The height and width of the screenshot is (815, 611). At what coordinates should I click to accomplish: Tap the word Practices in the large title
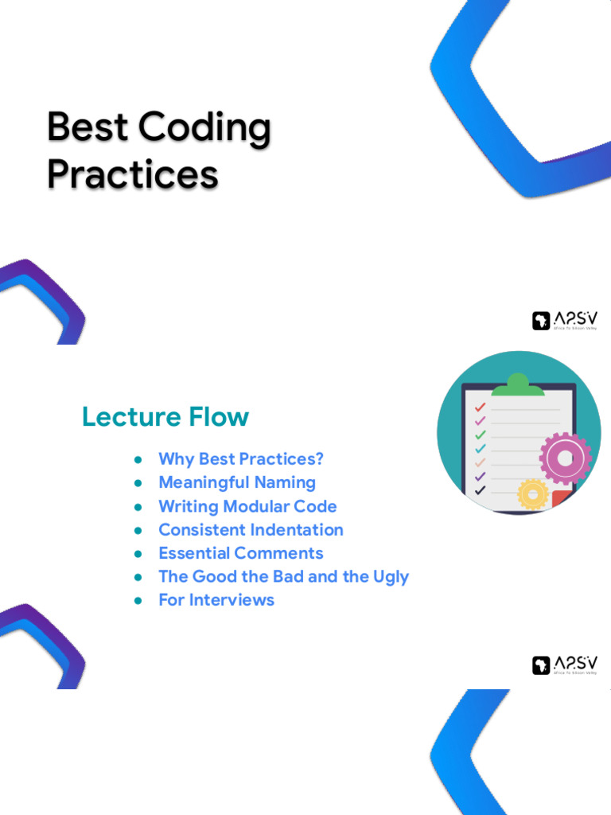coord(132,174)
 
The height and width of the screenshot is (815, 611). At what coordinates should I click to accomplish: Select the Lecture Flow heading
coord(165,417)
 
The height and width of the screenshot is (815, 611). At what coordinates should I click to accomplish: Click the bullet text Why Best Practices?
coord(241,459)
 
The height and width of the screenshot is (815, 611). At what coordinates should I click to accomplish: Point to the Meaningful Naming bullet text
coord(237,482)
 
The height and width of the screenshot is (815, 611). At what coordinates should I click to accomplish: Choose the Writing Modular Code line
coord(247,506)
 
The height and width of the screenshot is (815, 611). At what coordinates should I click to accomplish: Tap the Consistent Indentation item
coord(251,529)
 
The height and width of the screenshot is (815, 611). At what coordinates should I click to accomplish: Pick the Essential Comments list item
coord(240,553)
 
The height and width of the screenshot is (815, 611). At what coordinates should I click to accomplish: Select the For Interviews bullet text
coord(216,600)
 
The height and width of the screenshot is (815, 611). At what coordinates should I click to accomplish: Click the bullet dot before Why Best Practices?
coord(138,459)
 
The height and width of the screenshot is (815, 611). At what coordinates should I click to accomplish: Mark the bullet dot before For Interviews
coord(138,600)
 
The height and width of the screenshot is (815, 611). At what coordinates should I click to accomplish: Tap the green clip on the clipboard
coord(517,386)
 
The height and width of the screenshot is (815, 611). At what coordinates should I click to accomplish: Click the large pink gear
coord(566,458)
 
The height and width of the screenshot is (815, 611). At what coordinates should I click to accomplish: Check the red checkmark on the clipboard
coord(480,407)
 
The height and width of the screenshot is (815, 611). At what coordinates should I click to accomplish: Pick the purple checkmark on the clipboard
coord(480,476)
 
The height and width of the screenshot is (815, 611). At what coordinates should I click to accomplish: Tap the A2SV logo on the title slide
coord(565,320)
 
